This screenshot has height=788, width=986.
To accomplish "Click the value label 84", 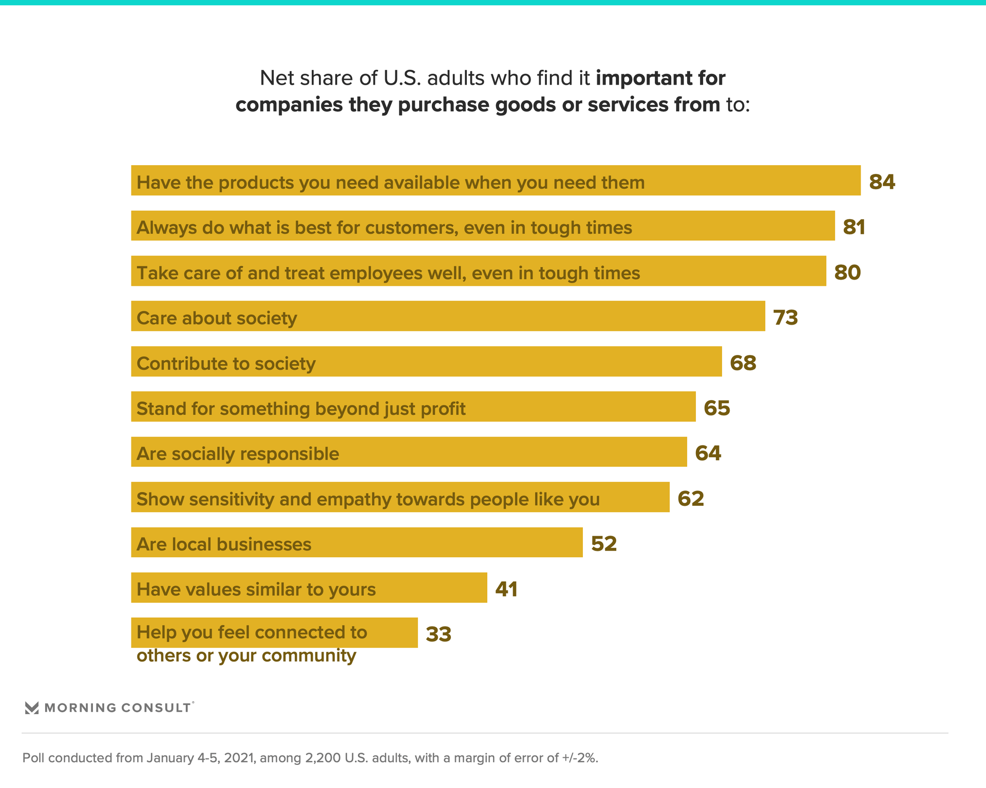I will tap(882, 182).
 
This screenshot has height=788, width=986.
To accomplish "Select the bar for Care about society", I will tap(448, 316).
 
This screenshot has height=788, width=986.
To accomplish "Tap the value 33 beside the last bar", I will tap(439, 635).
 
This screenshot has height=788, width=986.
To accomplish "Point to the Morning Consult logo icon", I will tap(32, 708).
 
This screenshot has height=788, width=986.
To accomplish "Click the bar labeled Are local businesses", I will tap(356, 542).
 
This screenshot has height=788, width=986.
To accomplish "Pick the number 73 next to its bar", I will tap(785, 318).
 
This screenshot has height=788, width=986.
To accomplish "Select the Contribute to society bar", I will tap(426, 361).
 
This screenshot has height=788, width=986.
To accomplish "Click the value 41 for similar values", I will tap(506, 589).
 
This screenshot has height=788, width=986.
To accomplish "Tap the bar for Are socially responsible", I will tap(409, 452).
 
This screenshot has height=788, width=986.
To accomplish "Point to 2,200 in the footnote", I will tap(323, 758).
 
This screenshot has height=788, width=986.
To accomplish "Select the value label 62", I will tap(691, 499).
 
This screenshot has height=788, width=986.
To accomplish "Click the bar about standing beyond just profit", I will tap(413, 407).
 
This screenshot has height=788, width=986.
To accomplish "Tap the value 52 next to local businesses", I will tap(603, 544).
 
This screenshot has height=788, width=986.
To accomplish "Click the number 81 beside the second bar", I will tap(854, 227).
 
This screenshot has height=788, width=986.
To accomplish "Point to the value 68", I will tap(743, 363).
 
